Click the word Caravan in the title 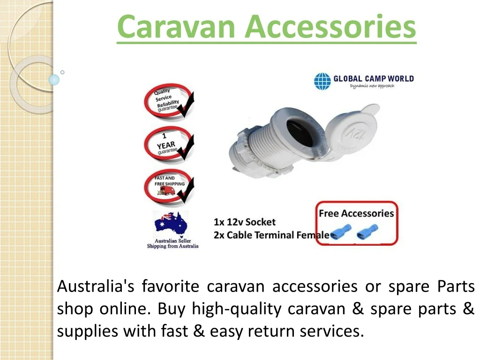[x=176, y=26]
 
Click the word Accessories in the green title [x=330, y=26]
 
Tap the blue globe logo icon [x=322, y=81]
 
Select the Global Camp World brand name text [x=374, y=79]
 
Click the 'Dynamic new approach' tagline [x=372, y=86]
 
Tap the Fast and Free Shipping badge [x=169, y=186]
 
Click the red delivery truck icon [x=166, y=191]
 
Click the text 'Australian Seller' [x=172, y=240]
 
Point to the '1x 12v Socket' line [x=245, y=222]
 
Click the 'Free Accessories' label [x=356, y=213]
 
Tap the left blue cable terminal [x=341, y=232]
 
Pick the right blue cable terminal [x=367, y=232]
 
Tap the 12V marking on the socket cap [x=352, y=133]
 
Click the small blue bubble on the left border [x=54, y=80]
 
